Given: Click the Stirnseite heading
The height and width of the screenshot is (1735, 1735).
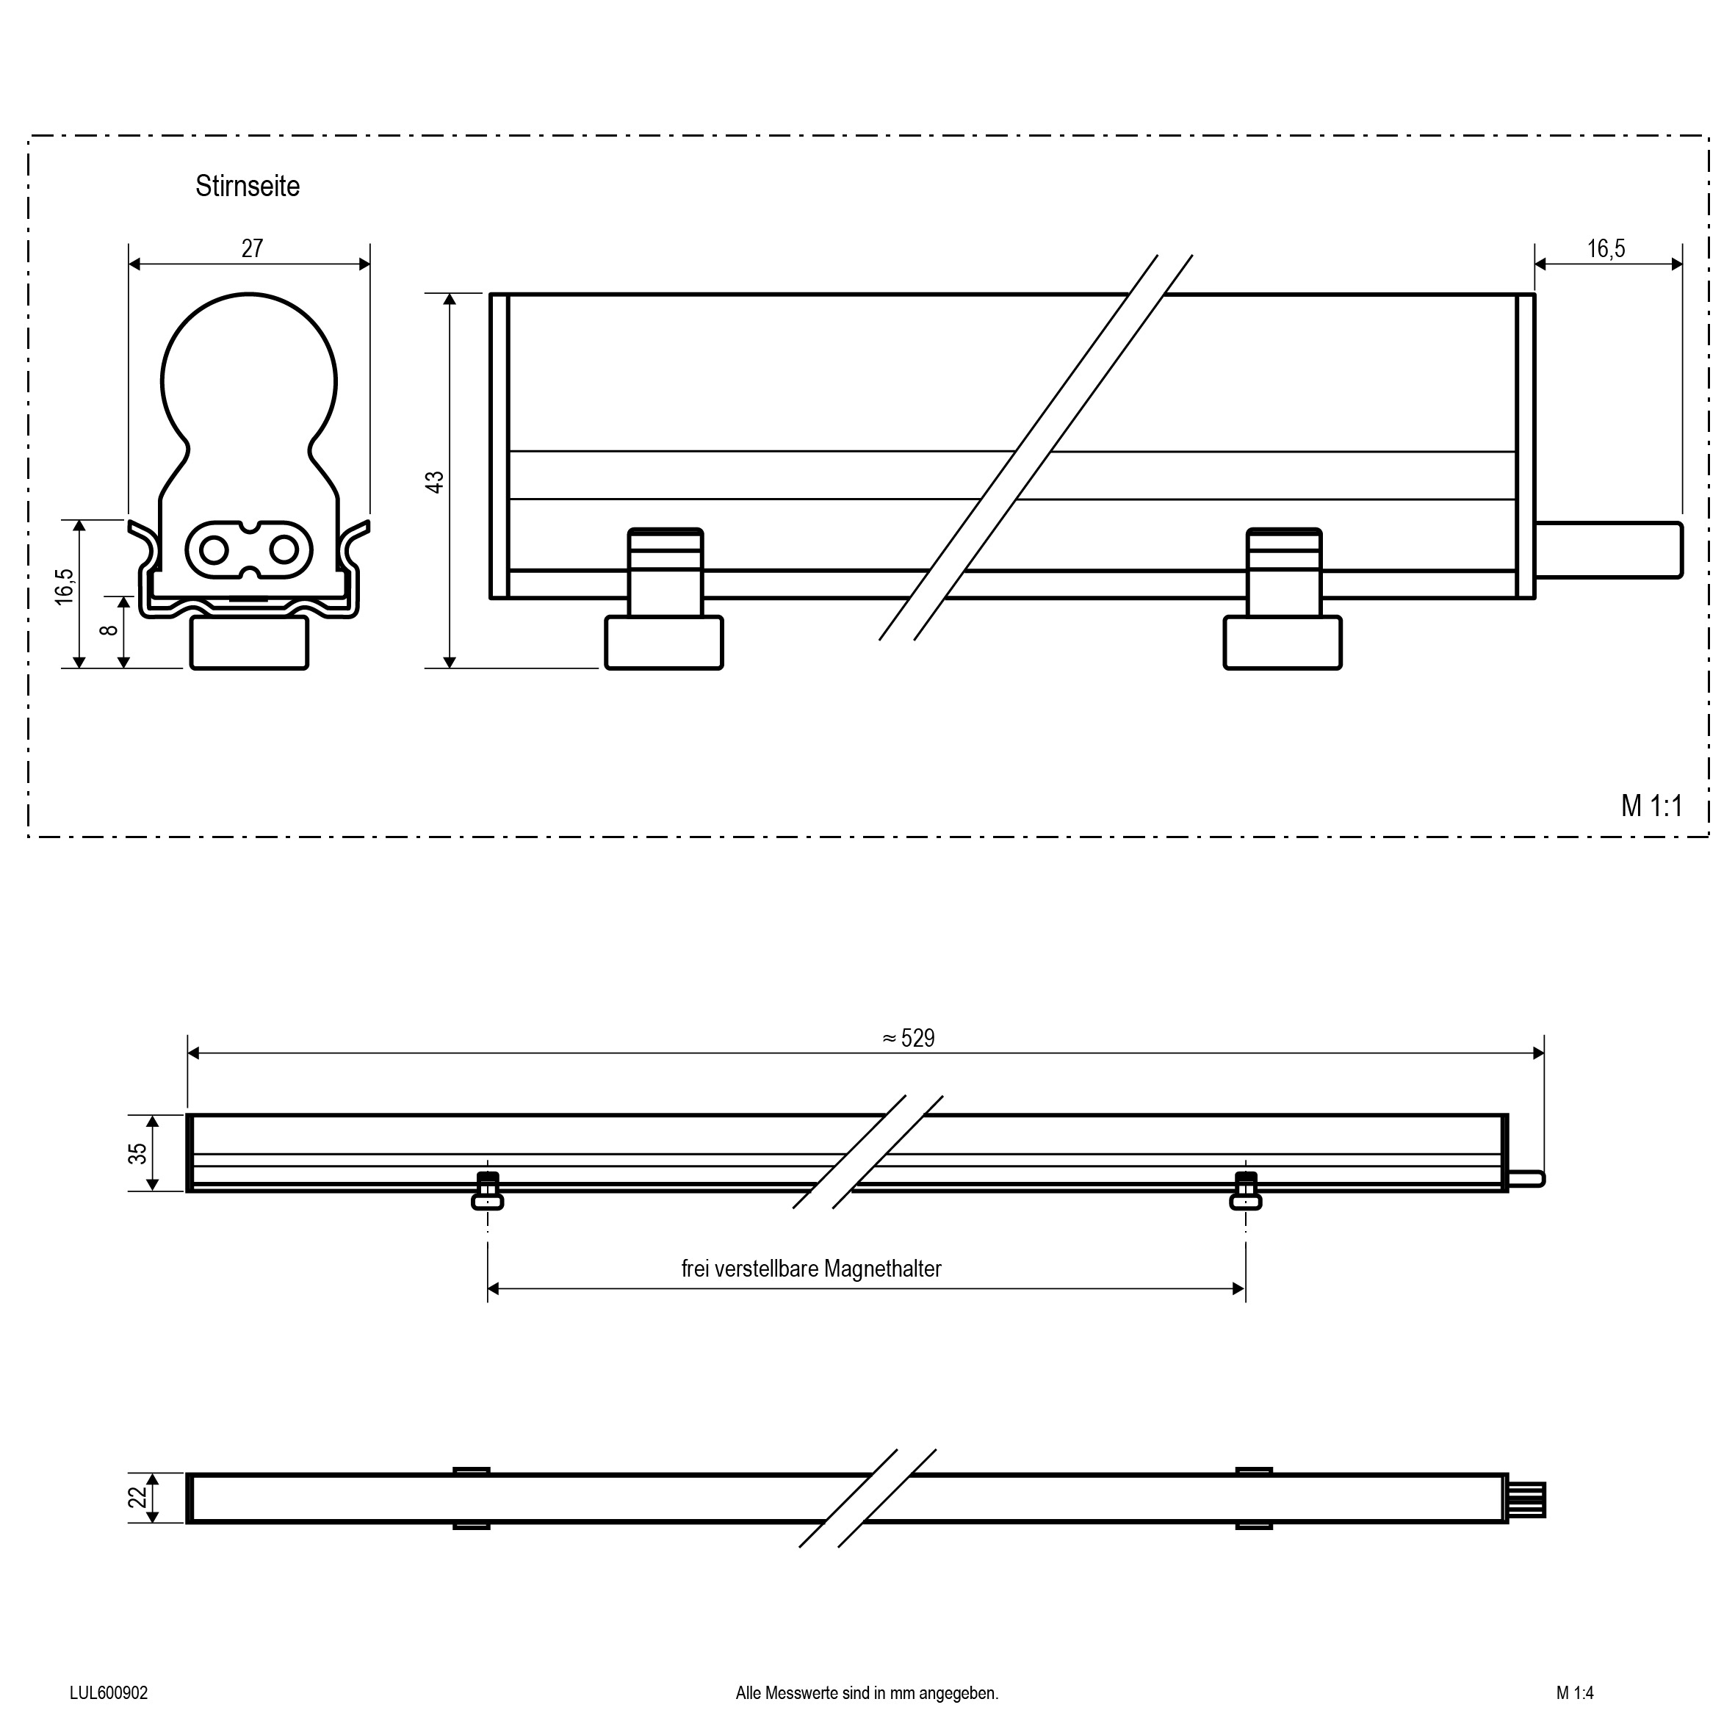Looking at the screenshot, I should tap(247, 187).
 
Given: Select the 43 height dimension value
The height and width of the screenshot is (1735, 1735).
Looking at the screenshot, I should tap(435, 481).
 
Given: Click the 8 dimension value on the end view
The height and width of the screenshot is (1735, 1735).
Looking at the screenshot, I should tap(109, 630).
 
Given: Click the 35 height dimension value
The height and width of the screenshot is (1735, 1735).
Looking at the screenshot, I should tap(137, 1154).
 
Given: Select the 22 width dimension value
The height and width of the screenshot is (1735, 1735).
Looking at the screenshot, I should tap(137, 1498).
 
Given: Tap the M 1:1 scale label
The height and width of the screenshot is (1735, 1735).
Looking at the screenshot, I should tap(1651, 807).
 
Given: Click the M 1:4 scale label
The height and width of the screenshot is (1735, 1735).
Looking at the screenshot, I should tap(1575, 1693).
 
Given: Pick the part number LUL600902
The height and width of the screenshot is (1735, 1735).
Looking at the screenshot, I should tap(109, 1693).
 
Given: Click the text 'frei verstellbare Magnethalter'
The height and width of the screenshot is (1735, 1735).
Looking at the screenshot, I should tap(811, 1269).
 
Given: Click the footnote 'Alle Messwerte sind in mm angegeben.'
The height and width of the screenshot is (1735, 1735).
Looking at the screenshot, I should tap(867, 1693).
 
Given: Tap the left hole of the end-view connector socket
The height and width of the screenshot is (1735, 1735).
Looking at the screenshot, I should tap(214, 549).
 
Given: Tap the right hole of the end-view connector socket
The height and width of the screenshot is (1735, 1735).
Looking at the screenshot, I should tap(284, 549).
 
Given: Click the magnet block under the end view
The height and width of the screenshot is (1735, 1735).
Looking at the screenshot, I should tap(249, 643).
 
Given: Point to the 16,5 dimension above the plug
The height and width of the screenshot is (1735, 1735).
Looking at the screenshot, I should tap(1606, 249).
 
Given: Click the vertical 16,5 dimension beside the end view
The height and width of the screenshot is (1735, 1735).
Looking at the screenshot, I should tap(65, 585).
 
